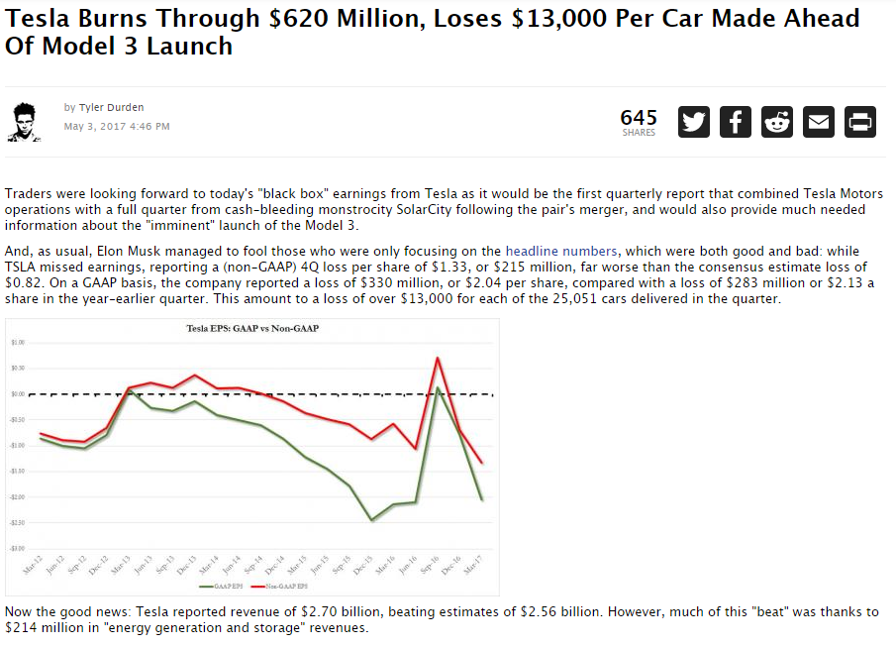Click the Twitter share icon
[x=694, y=122]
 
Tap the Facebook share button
[x=735, y=122]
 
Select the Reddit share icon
[x=776, y=122]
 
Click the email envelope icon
[x=818, y=122]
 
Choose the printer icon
[x=859, y=122]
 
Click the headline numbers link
[x=561, y=252]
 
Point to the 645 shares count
[x=639, y=118]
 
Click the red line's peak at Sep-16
[x=438, y=359]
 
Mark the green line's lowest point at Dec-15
[x=372, y=520]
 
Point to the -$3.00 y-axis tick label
[x=18, y=548]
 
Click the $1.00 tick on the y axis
[x=18, y=342]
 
